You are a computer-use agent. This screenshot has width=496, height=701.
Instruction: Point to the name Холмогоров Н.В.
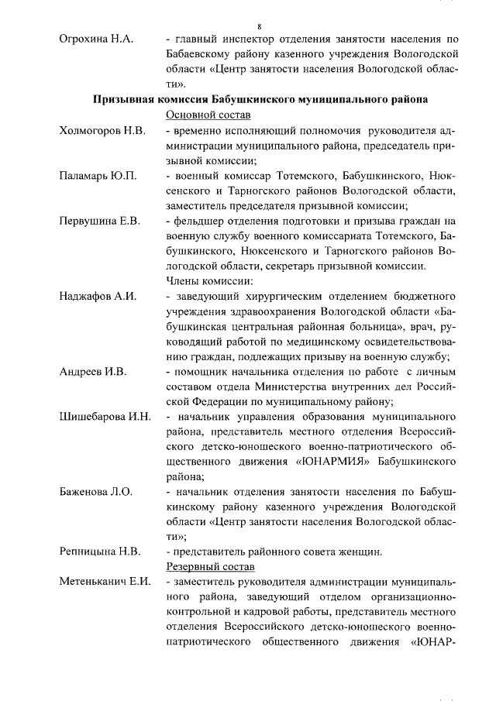[x=102, y=129]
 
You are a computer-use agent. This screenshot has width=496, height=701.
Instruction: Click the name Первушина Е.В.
[x=100, y=222]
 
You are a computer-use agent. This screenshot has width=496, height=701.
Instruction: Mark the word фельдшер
[x=200, y=222]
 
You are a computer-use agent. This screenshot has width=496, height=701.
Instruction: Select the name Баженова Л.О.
[x=96, y=492]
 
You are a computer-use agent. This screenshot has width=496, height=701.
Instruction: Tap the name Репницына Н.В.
[x=100, y=552]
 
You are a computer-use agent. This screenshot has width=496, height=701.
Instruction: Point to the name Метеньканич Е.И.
[x=105, y=582]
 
